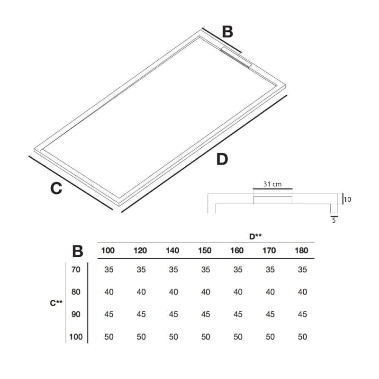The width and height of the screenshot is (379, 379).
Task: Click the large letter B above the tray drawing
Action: (x=228, y=32)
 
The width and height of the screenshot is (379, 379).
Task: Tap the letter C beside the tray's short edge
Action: (x=56, y=188)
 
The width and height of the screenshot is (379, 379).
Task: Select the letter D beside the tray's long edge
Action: (x=222, y=160)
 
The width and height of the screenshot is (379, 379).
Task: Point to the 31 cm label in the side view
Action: (x=272, y=184)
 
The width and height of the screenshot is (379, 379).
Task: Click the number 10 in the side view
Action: (x=347, y=199)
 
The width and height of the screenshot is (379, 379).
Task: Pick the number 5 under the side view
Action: (x=334, y=220)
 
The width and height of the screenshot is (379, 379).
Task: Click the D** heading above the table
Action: (x=256, y=235)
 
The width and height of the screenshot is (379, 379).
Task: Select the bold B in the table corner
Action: (x=78, y=251)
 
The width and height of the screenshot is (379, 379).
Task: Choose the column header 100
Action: (x=108, y=251)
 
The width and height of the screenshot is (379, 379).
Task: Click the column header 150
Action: (x=205, y=251)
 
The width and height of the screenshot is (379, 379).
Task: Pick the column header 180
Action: (x=301, y=251)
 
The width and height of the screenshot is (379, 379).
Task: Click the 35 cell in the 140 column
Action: (x=173, y=270)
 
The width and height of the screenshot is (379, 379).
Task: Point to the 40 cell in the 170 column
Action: (x=270, y=292)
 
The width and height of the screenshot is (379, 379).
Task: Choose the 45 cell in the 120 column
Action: (x=141, y=314)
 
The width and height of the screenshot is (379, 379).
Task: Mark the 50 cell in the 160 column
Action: (x=238, y=337)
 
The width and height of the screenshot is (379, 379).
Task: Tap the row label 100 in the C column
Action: (x=75, y=337)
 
